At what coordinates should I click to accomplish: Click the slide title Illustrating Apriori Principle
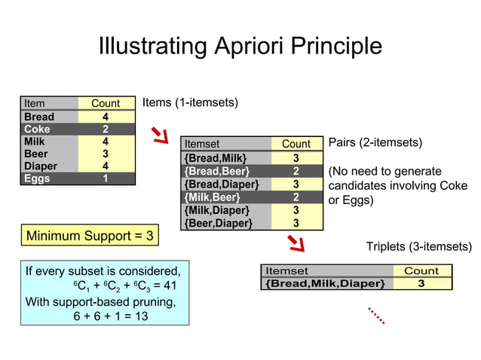(240, 46)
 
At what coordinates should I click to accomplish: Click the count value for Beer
(106, 154)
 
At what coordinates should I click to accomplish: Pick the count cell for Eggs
(106, 178)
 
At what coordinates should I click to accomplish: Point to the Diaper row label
(41, 166)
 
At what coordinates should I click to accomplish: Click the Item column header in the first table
(35, 104)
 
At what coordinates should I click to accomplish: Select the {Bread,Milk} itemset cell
(216, 157)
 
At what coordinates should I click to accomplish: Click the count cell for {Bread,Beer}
(296, 171)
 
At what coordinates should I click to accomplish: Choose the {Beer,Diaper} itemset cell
(219, 223)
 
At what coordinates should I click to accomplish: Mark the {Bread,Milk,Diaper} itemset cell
(326, 283)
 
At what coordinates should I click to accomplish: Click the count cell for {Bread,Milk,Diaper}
(421, 283)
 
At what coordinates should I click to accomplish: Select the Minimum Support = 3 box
(90, 236)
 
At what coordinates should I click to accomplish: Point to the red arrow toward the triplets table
(296, 243)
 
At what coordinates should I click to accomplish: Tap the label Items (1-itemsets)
(190, 102)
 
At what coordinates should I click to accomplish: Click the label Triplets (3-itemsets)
(418, 247)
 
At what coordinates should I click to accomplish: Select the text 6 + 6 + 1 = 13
(110, 316)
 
